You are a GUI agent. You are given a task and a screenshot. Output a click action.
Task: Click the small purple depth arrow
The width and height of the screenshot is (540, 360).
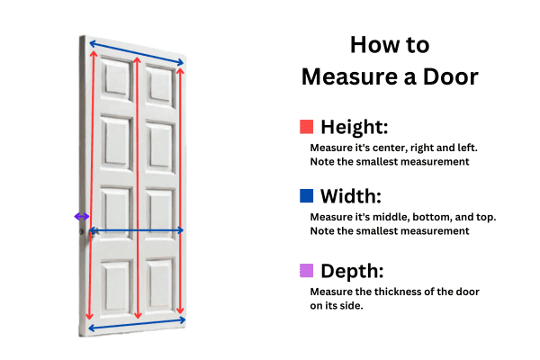[82, 216]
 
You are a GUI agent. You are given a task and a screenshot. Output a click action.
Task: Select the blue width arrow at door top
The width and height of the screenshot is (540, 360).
[136, 52]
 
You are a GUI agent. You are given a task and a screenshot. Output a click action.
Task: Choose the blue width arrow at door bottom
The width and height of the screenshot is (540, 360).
[136, 320]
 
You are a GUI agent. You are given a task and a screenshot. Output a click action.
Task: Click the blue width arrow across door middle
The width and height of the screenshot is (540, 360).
[136, 231]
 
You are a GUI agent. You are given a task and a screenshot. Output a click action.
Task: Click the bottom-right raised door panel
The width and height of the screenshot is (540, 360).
[159, 286]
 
